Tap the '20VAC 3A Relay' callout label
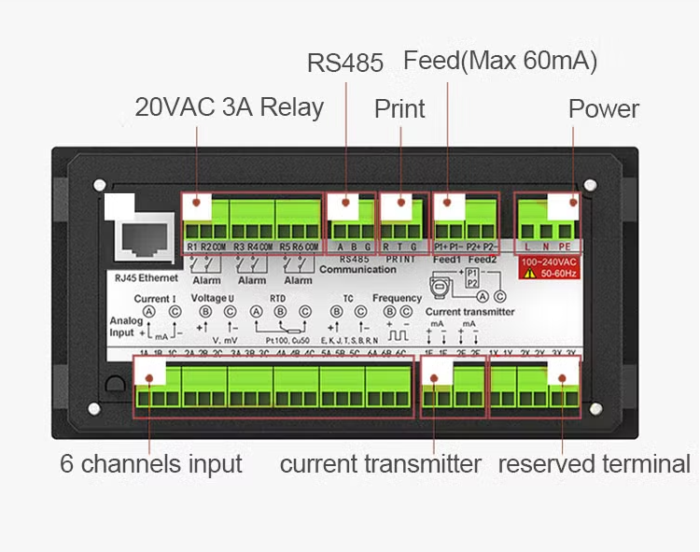229,107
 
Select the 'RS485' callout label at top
345,63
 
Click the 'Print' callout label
399,109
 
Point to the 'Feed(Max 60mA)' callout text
500,61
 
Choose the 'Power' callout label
604,109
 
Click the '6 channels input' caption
151,464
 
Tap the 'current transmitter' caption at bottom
381,464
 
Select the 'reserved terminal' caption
595,464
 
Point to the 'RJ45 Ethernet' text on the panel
140,277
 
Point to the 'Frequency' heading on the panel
397,299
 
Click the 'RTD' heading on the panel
278,299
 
